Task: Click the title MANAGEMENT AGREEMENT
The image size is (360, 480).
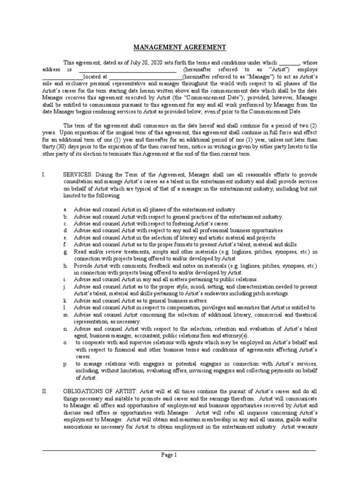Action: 180,48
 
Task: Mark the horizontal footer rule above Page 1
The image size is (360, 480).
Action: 180,450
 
